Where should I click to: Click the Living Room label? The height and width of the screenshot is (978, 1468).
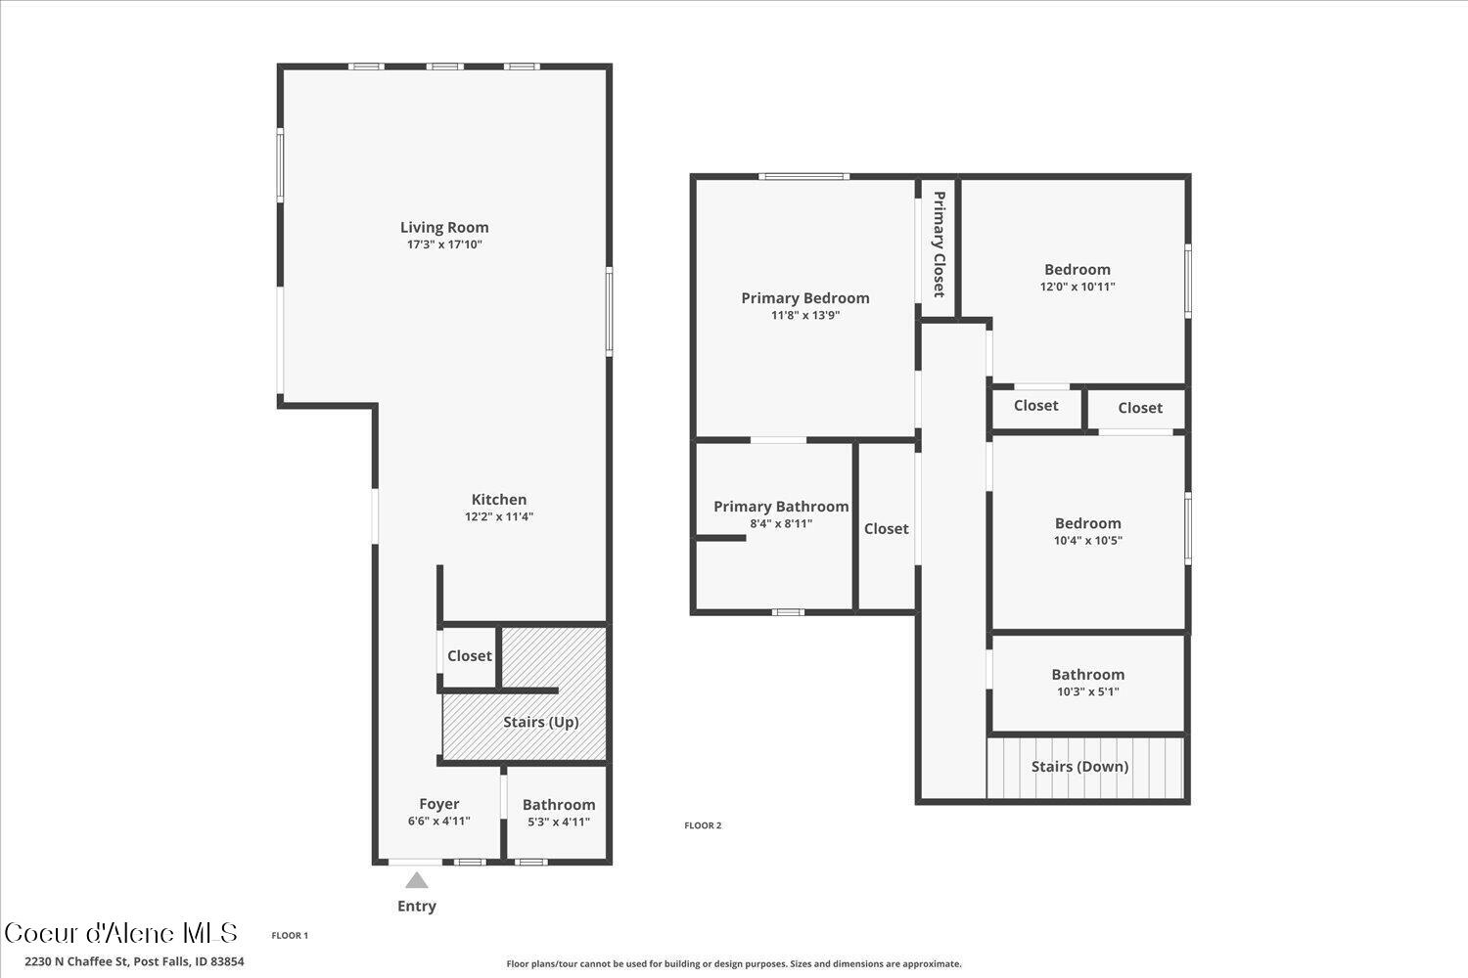point(444,228)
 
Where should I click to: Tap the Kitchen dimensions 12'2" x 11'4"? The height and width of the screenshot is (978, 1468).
point(499,517)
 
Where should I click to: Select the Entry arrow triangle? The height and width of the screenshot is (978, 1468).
point(417,880)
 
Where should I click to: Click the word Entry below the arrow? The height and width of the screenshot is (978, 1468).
point(417,907)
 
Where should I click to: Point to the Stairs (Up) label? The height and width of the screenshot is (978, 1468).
point(541,723)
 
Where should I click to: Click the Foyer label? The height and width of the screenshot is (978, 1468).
point(439,804)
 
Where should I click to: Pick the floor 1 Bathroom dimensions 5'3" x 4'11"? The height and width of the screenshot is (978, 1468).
point(559,822)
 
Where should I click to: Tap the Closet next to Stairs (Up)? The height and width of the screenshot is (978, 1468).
point(470,656)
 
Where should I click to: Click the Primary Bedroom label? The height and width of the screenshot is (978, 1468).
point(805,298)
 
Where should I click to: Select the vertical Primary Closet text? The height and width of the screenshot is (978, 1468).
point(939,244)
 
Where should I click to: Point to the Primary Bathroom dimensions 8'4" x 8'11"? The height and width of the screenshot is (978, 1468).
point(781,524)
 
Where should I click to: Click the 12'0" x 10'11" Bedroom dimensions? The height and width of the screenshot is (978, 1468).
point(1078,288)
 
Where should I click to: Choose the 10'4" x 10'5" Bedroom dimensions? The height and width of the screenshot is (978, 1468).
point(1088,541)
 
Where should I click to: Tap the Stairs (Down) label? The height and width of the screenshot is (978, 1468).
point(1080,767)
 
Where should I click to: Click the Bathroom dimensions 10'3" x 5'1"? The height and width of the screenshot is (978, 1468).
point(1088,692)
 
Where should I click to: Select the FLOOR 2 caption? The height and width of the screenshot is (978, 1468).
point(703,825)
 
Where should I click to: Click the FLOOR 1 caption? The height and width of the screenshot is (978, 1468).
point(290,936)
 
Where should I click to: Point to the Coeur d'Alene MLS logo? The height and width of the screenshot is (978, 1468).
point(121,933)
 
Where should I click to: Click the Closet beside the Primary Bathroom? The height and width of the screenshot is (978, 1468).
point(887,529)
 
